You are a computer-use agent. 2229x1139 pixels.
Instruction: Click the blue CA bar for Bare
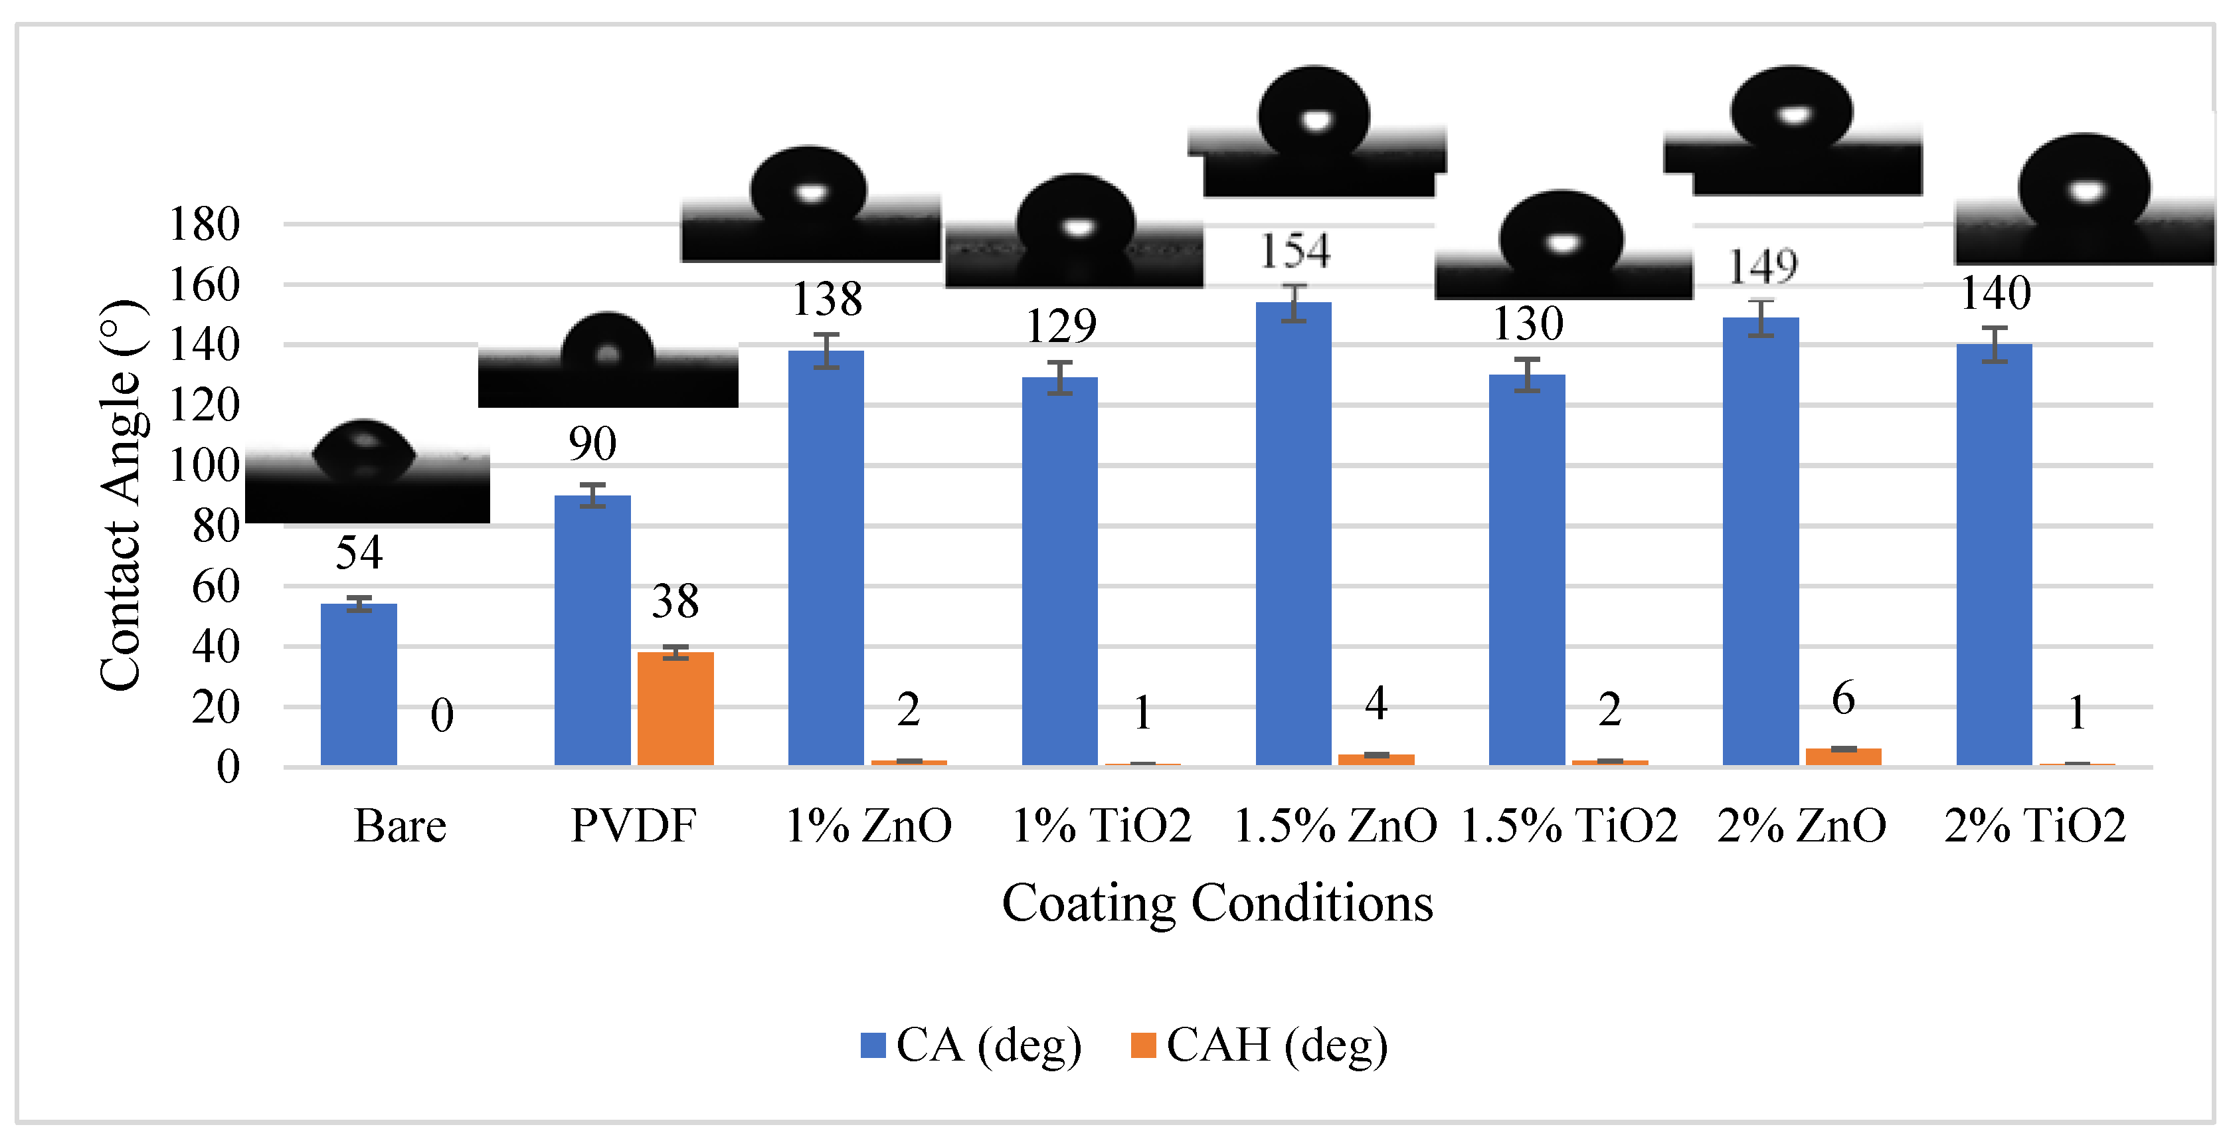(358, 684)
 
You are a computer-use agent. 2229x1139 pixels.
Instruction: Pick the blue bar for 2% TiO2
(1994, 554)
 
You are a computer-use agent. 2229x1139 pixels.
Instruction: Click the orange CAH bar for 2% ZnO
(1843, 756)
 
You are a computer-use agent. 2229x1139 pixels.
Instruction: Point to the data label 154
(1294, 251)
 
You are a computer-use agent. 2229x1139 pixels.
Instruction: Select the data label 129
(1061, 326)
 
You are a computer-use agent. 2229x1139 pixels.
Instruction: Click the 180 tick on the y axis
(204, 224)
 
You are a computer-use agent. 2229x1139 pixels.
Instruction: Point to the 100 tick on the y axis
(204, 466)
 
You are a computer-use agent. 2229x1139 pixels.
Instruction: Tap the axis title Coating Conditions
(1217, 903)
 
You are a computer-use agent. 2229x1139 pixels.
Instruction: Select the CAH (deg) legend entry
(1259, 1045)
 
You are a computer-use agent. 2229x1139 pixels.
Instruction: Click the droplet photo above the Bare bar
(367, 472)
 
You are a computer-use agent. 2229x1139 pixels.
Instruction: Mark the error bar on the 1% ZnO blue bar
(826, 351)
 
